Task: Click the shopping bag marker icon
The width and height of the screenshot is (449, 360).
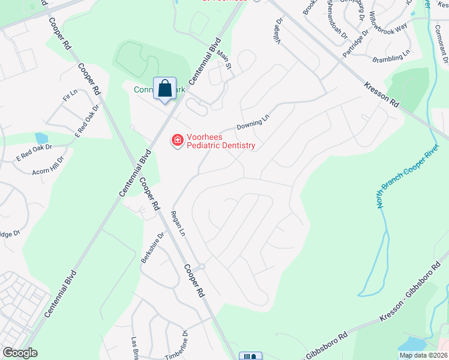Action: [164, 89]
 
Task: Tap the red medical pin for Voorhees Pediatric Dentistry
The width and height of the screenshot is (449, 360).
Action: [177, 141]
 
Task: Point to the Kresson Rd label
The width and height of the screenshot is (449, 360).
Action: [381, 95]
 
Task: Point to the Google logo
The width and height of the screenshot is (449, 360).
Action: [20, 353]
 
